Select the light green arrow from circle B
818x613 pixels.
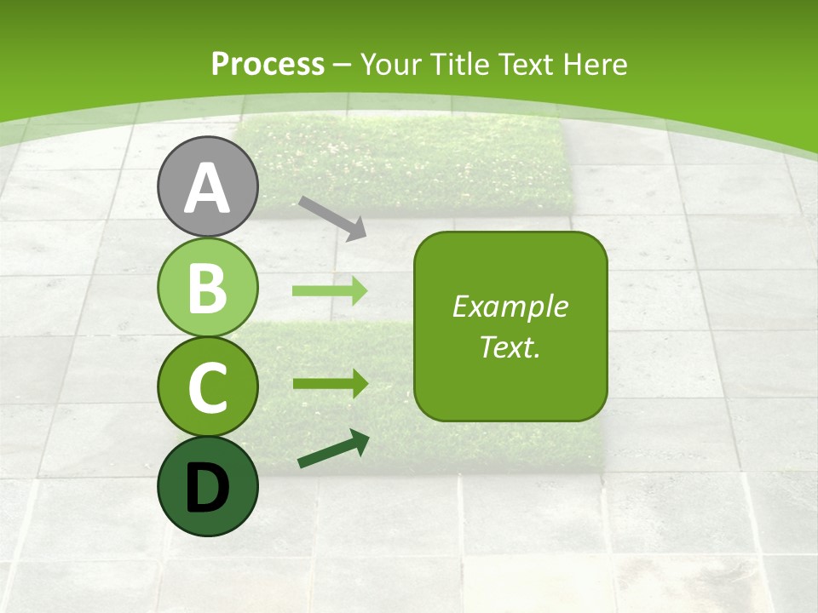(x=330, y=290)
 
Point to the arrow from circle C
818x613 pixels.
(x=330, y=383)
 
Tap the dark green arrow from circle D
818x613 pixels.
(x=333, y=450)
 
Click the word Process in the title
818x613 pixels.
(x=268, y=64)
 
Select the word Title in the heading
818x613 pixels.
(x=459, y=64)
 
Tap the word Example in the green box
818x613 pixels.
(x=510, y=306)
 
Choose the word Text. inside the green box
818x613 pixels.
(x=510, y=347)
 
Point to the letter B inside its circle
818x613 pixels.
(x=207, y=289)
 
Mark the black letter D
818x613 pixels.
(x=207, y=489)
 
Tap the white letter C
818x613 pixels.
(x=207, y=388)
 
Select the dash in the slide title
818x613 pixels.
(x=343, y=65)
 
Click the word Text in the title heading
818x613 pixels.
(x=527, y=64)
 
